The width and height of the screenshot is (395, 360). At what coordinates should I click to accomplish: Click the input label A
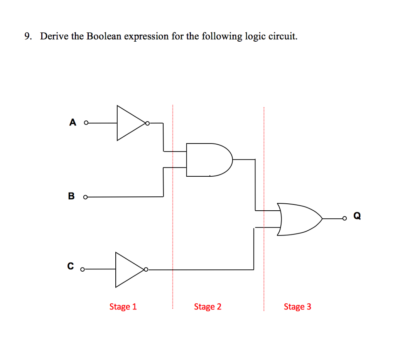[73, 123]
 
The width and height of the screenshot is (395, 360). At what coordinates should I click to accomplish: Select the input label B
[71, 196]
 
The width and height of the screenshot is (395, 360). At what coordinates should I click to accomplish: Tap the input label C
[70, 266]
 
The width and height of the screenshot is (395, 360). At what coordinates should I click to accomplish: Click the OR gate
[299, 219]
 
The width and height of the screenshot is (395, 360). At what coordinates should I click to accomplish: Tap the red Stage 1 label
[123, 307]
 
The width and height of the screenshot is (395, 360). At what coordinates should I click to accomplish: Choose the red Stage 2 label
[208, 307]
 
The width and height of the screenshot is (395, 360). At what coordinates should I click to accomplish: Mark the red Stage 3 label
[297, 307]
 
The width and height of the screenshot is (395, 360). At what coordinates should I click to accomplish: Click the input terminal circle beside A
[86, 123]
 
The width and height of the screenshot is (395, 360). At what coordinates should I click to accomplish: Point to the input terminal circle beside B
[85, 197]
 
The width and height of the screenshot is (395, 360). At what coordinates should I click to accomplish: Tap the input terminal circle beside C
[82, 270]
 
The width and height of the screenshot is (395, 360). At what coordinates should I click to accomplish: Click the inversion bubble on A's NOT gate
[147, 123]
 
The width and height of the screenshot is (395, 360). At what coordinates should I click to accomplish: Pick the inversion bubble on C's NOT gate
[146, 269]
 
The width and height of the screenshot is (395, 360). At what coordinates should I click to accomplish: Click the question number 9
[27, 37]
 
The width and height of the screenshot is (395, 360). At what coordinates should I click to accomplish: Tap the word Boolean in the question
[104, 37]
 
